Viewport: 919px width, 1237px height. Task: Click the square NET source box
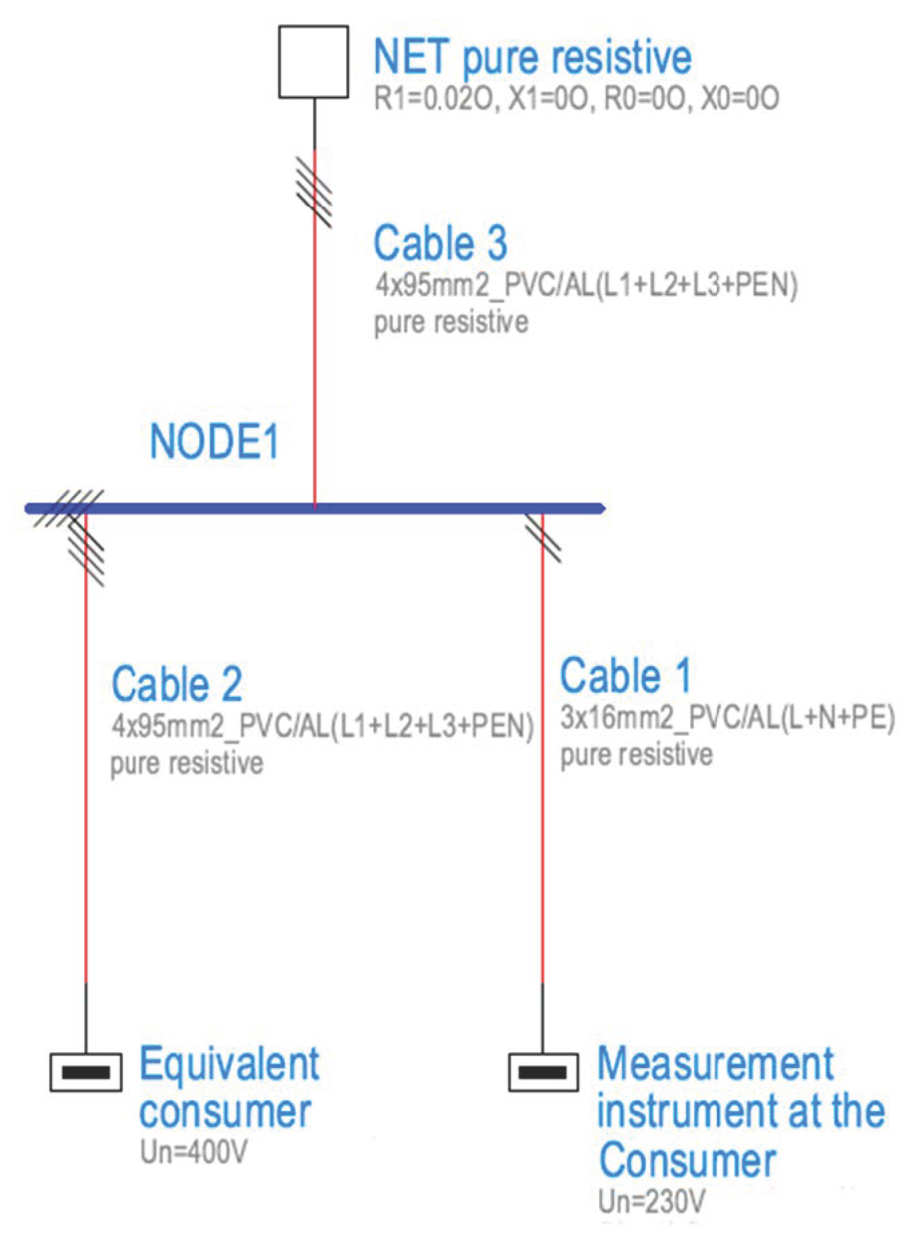[313, 62]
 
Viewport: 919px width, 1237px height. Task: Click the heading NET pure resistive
[532, 57]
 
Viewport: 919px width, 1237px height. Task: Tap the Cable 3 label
[440, 243]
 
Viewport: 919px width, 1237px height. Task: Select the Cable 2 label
[176, 684]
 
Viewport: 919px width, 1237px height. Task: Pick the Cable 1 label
[625, 676]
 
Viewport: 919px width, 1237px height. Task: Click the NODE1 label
[214, 442]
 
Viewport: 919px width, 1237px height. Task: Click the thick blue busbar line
[400, 509]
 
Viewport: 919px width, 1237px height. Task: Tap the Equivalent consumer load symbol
[86, 1072]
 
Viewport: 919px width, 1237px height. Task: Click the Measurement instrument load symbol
[543, 1072]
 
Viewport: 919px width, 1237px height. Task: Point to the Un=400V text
[194, 1152]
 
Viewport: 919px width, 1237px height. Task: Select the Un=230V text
[651, 1202]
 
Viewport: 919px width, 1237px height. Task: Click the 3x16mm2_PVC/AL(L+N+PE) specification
[727, 718]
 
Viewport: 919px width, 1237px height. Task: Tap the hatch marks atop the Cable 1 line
[543, 537]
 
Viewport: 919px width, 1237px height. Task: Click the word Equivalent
[229, 1065]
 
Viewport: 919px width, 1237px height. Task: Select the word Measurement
[715, 1064]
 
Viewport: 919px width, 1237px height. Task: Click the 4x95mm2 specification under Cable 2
[322, 726]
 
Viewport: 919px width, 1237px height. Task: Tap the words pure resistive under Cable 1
[636, 755]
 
